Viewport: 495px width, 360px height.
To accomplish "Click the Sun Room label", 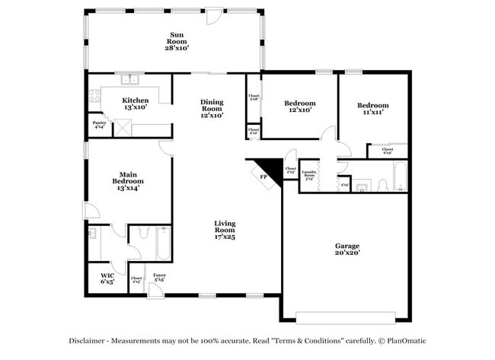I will pos(177,40).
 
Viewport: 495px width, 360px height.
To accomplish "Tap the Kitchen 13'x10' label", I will pos(135,104).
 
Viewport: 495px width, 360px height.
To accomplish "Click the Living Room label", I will pos(224,230).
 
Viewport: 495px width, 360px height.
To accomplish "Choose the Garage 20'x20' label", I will pos(347,250).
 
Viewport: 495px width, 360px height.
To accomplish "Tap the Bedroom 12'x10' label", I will pos(299,107).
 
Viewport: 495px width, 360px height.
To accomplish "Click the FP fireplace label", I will pos(263,177).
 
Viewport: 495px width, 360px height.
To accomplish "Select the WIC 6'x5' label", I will pos(107,279).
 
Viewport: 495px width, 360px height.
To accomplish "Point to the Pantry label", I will pos(99,125).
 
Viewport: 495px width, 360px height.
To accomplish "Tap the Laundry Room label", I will pos(309,174).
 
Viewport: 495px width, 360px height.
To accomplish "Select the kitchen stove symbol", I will pos(96,97).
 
